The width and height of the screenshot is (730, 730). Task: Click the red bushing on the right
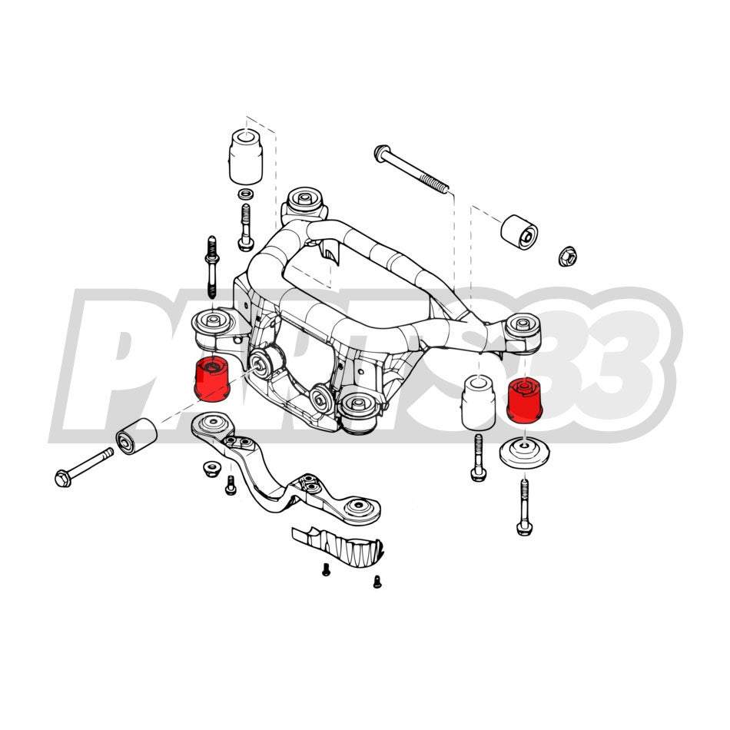click(526, 401)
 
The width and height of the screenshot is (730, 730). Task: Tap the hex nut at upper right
click(567, 256)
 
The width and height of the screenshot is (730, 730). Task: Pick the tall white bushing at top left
click(246, 158)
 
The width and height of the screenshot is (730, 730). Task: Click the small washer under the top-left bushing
click(246, 194)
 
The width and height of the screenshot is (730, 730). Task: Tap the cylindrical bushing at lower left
click(136, 436)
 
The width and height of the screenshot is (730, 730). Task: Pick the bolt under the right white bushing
click(478, 458)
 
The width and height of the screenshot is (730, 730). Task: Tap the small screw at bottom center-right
click(377, 582)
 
